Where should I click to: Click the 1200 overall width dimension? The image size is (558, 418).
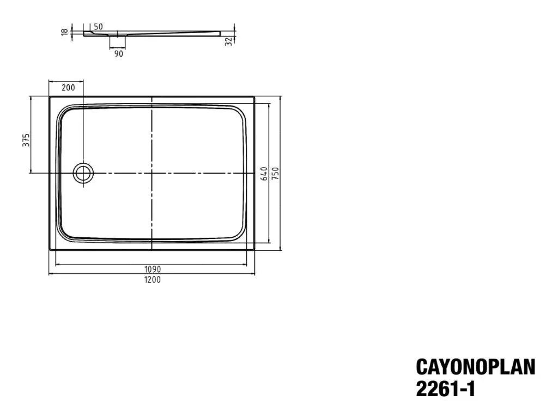153,279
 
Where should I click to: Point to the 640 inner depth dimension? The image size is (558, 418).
264,173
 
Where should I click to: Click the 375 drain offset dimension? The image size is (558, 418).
25,140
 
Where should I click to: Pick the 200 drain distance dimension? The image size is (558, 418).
68,88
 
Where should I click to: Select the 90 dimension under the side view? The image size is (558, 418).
118,53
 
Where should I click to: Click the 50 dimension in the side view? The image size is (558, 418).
99,26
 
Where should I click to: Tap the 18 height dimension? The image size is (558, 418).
65,33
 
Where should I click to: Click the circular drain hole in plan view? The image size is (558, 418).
83,173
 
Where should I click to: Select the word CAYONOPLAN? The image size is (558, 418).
476,367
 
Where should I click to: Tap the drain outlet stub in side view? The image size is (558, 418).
118,40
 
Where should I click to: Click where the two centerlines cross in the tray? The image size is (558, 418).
151,173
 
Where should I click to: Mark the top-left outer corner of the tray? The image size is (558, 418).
50,97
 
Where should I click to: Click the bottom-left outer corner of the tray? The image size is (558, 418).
50,250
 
